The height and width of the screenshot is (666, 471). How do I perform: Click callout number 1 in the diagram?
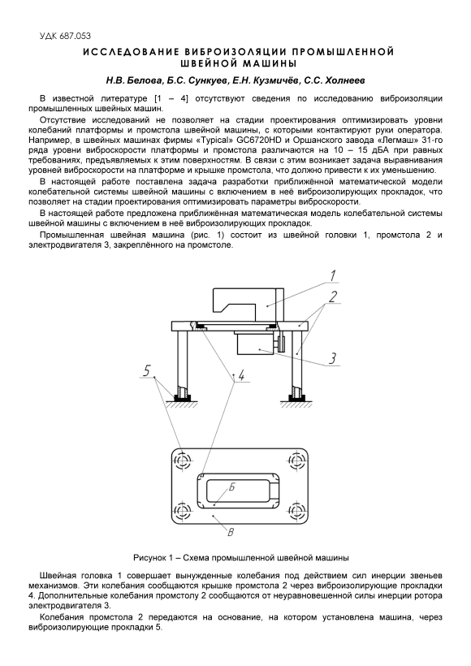(334, 275)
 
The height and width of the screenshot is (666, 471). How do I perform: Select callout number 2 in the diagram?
(334, 296)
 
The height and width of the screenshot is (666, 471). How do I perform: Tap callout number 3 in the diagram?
(333, 359)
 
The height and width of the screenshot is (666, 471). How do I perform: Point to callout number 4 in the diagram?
(242, 375)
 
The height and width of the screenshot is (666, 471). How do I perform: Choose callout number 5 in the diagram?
(147, 371)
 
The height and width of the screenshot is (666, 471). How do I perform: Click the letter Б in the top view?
(231, 487)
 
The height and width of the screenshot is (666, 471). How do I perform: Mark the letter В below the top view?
(230, 532)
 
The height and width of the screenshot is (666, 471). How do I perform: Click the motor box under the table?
(256, 343)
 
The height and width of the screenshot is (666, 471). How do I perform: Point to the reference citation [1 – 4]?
(171, 99)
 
